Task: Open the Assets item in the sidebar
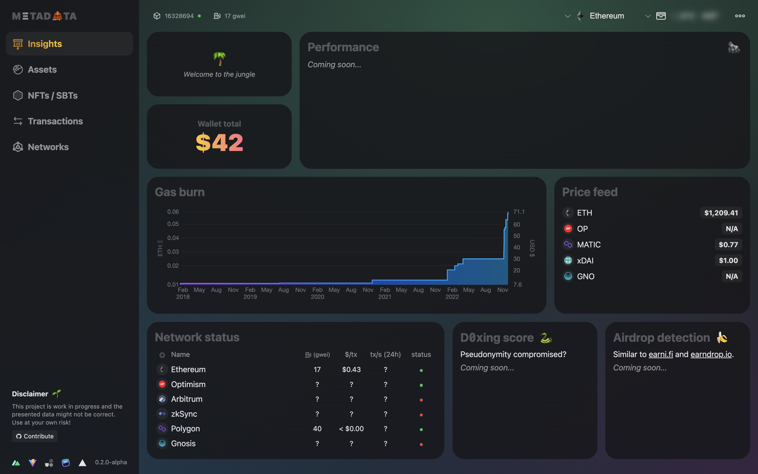pyautogui.click(x=42, y=70)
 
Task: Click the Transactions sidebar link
pyautogui.click(x=55, y=121)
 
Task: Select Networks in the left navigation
pyautogui.click(x=48, y=147)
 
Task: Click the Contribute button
pyautogui.click(x=35, y=436)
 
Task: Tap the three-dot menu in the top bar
pyautogui.click(x=740, y=16)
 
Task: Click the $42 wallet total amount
pyautogui.click(x=219, y=143)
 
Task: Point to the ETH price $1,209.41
pyautogui.click(x=721, y=213)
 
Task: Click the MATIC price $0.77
pyautogui.click(x=728, y=244)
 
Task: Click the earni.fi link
pyautogui.click(x=661, y=354)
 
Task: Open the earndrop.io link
pyautogui.click(x=711, y=354)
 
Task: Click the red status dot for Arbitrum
pyautogui.click(x=421, y=400)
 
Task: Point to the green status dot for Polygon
pyautogui.click(x=421, y=430)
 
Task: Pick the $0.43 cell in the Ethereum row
pyautogui.click(x=351, y=370)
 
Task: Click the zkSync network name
pyautogui.click(x=184, y=414)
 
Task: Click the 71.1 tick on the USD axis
pyautogui.click(x=519, y=212)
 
